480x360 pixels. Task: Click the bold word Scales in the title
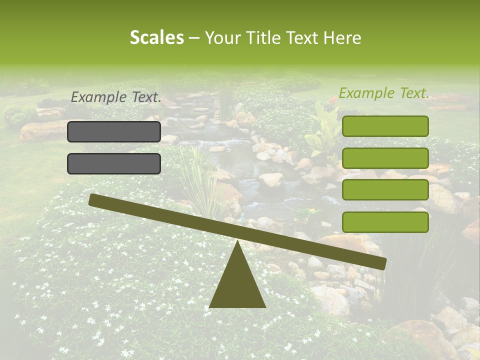click(x=156, y=37)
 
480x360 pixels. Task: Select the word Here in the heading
click(x=342, y=37)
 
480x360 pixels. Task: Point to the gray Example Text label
click(x=116, y=97)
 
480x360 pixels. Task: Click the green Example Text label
click(x=384, y=93)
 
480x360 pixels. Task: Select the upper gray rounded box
click(x=114, y=131)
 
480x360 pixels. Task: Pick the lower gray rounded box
click(x=114, y=163)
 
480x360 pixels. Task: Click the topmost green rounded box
click(x=385, y=126)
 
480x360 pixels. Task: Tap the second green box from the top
click(x=385, y=158)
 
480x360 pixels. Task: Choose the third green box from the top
click(x=385, y=190)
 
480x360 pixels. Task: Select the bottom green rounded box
click(x=385, y=222)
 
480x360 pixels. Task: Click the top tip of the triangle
click(x=237, y=241)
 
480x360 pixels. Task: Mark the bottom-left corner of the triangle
click(x=210, y=306)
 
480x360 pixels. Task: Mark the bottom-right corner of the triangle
click(x=265, y=306)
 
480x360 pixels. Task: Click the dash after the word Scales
click(x=194, y=38)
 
